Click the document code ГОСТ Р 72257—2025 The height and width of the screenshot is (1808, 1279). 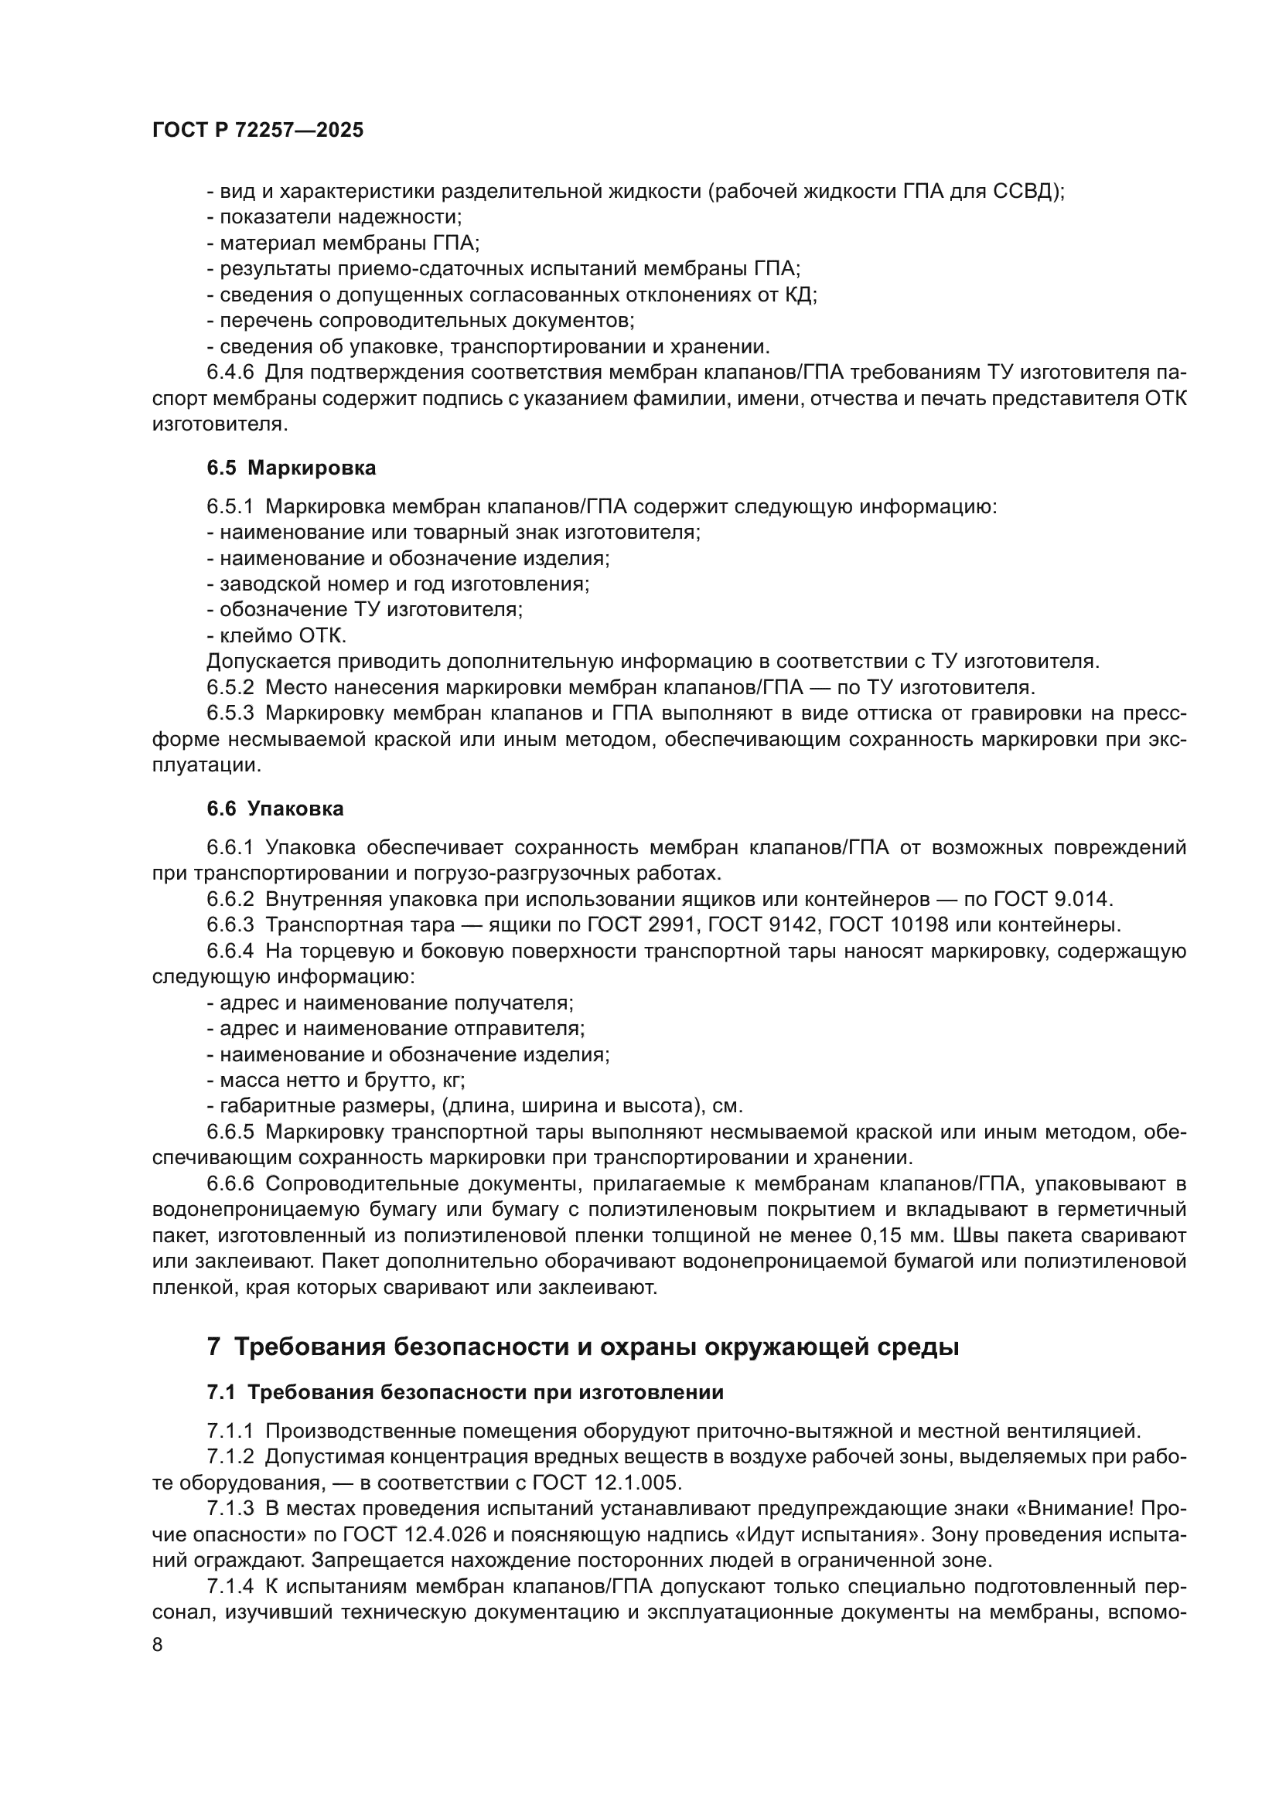258,131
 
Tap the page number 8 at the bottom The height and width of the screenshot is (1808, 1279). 158,1645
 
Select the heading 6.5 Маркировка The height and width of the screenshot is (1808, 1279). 291,468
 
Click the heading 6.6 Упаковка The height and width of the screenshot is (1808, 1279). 275,809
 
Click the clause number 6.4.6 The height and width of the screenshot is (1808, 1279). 230,373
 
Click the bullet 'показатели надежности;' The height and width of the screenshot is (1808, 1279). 335,217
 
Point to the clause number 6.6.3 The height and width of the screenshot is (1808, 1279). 230,925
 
